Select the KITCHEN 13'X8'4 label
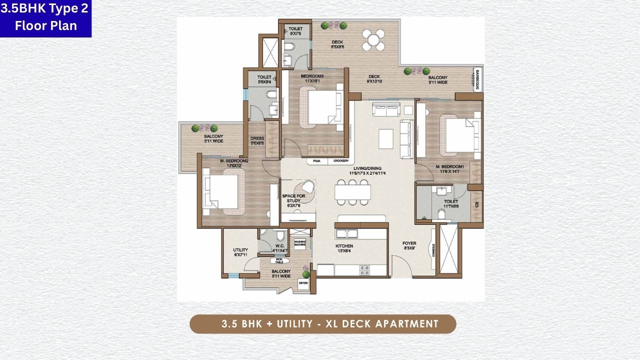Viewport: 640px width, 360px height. (x=344, y=248)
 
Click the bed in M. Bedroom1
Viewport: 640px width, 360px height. (x=459, y=134)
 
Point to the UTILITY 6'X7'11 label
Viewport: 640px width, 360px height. (x=240, y=252)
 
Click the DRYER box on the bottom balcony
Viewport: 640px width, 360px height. (x=303, y=283)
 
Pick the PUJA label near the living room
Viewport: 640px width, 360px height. (x=316, y=161)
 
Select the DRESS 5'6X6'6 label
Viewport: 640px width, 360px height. (x=257, y=141)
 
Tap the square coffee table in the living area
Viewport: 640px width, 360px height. (x=386, y=138)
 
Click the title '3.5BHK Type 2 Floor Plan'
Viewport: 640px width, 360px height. (x=45, y=18)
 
